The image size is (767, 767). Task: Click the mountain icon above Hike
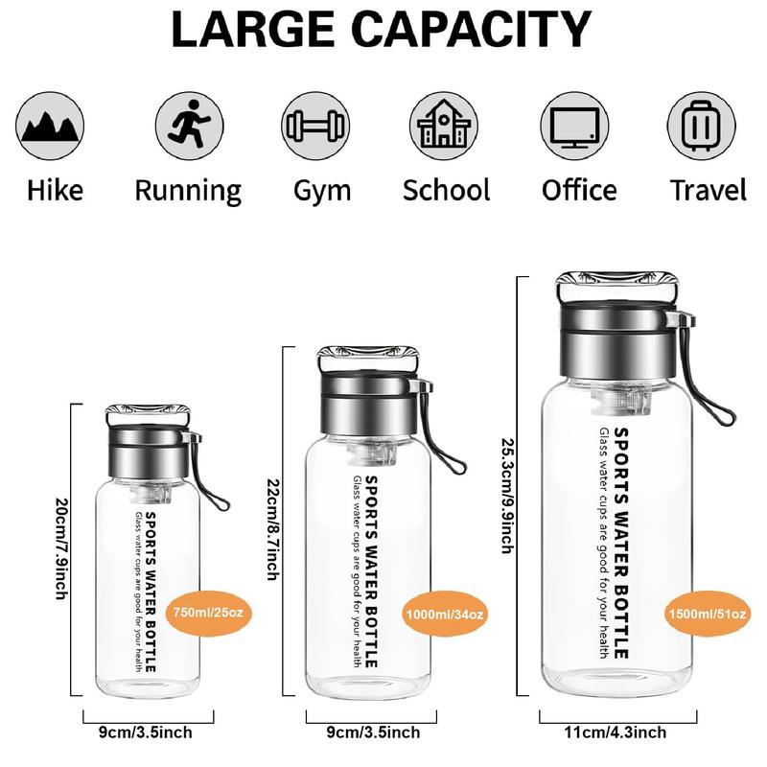click(50, 126)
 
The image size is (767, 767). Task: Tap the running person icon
click(189, 126)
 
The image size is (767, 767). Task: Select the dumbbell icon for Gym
click(315, 126)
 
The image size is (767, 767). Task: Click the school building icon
click(444, 126)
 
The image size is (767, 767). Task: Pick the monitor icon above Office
click(574, 126)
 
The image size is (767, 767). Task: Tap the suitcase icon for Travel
click(702, 126)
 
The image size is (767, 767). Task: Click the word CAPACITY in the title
click(472, 29)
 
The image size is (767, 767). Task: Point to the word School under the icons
click(446, 190)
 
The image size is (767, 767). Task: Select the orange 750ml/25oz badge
click(209, 613)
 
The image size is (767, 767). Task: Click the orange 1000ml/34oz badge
click(445, 614)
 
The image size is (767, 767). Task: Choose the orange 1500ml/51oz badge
click(708, 614)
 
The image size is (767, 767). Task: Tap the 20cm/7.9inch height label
click(61, 548)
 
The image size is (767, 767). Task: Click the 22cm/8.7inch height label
click(273, 529)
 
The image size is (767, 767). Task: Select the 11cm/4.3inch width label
click(616, 732)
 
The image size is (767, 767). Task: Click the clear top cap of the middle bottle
click(368, 360)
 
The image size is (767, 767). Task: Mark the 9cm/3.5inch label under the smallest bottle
click(146, 732)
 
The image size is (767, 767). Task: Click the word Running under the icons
click(188, 191)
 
